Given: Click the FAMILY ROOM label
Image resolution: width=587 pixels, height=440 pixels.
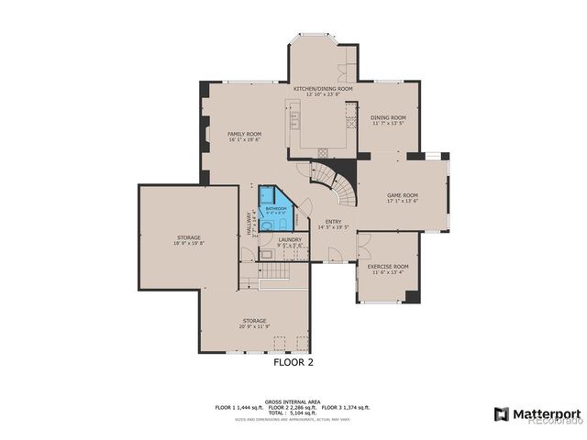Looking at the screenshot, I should pos(244,134).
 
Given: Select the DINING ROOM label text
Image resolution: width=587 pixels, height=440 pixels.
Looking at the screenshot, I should pos(388,117).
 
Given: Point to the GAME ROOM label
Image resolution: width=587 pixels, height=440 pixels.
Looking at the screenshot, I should pos(402,194).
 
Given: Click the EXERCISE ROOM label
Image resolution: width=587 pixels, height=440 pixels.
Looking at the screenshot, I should pos(388,266).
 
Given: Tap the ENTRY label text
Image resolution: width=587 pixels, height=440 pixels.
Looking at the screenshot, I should pos(334,221).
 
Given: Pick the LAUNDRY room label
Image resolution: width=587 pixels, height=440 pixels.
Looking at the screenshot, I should pos(290,240).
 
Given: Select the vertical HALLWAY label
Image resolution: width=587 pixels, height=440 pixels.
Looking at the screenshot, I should pos(249,224).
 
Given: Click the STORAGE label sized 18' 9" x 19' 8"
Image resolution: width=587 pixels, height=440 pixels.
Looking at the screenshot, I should pos(188,238).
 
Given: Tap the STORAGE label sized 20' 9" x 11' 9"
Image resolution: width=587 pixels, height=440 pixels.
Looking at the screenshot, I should pos(254,320).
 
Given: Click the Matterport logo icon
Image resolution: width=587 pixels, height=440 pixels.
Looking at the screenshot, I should pos(501,413).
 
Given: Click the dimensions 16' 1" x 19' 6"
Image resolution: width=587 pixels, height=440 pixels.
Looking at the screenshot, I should pos(244,140).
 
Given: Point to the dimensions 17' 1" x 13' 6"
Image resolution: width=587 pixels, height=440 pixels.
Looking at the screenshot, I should pos(402,201).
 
